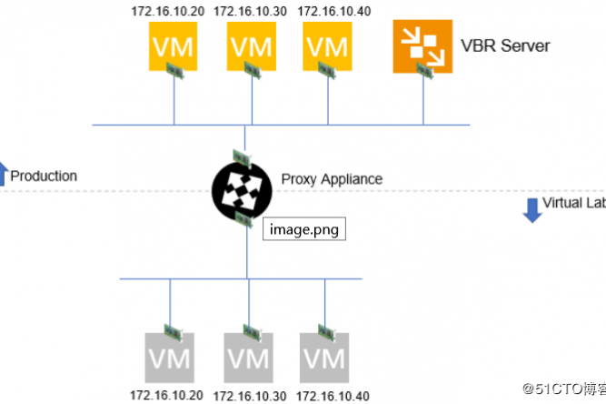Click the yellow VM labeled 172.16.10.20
point(173,45)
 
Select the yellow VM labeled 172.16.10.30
point(250,45)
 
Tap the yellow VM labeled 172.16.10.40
point(327,45)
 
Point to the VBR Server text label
point(506,45)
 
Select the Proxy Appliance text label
point(332,178)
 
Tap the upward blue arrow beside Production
point(3,173)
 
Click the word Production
point(44,176)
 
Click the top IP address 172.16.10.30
point(250,12)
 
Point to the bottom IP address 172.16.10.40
point(332,396)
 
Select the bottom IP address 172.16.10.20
point(166,396)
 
